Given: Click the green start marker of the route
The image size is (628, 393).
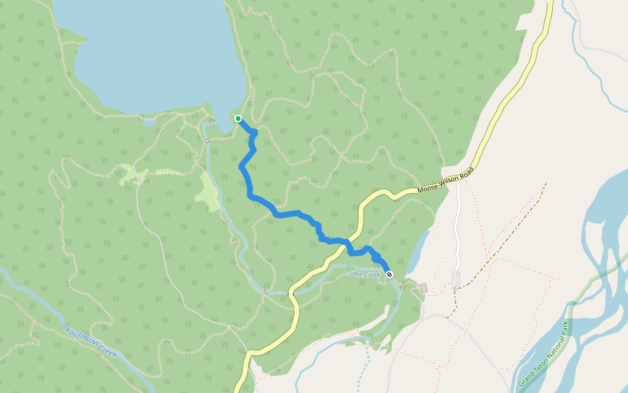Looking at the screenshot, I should tap(238, 119).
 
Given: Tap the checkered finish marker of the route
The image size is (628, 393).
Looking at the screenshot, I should tap(389, 274).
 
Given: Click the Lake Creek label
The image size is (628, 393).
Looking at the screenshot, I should tap(364, 274).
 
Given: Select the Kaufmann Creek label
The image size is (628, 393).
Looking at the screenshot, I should tap(92, 341).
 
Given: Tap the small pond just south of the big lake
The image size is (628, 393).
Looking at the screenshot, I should tap(149, 122).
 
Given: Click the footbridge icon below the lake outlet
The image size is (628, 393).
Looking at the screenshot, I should tap(207, 140).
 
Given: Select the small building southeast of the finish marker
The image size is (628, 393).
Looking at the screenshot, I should tap(423, 288).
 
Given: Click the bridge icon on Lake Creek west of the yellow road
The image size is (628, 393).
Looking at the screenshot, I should tap(266, 291).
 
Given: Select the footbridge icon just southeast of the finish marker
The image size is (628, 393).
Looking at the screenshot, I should tap(402, 287).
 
